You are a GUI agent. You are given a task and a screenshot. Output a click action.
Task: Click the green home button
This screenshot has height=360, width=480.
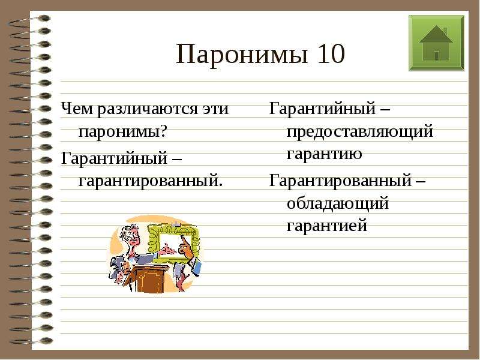tap(436, 43)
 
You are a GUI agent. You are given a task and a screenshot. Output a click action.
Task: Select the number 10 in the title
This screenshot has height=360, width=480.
tap(331, 54)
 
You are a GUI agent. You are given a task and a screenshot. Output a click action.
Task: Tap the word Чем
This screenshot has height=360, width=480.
tap(77, 109)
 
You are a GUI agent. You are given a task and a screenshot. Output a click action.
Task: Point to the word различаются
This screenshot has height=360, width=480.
tap(148, 110)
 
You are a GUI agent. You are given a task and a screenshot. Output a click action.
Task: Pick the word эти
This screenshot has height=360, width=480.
tap(215, 109)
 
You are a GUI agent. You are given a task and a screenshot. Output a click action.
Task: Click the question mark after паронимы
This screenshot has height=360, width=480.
tap(163, 131)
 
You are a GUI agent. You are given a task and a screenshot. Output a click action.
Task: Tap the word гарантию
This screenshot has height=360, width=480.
tap(324, 154)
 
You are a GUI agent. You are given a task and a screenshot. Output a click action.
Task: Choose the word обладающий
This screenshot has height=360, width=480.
tap(338, 203)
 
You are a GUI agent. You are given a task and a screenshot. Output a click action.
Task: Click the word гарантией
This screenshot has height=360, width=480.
tap(326, 226)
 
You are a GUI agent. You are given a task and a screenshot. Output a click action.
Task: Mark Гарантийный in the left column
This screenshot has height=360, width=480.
tap(114, 158)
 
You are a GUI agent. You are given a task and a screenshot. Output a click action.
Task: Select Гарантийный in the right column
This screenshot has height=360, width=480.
tap(322, 109)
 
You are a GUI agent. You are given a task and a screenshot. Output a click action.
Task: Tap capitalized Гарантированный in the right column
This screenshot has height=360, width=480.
tap(340, 181)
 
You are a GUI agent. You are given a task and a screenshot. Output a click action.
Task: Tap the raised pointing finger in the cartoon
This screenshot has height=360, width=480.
tap(184, 242)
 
